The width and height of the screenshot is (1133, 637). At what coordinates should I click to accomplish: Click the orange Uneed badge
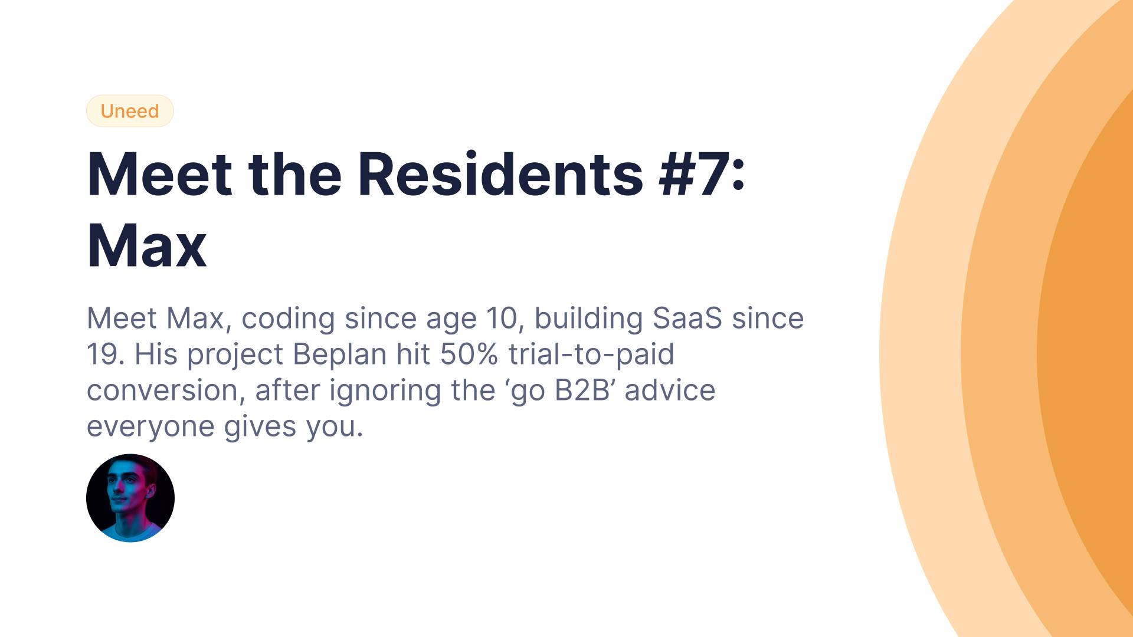click(x=130, y=111)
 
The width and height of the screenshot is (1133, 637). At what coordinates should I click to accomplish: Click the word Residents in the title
click(x=500, y=174)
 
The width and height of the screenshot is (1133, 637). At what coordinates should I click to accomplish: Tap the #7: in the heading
click(x=702, y=174)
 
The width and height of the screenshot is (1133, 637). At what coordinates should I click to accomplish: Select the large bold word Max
click(x=147, y=246)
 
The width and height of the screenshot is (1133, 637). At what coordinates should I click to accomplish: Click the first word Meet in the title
click(x=160, y=174)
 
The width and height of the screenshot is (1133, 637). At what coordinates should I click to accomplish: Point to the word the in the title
click(x=295, y=174)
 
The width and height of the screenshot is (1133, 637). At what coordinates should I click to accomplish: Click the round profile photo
click(x=130, y=498)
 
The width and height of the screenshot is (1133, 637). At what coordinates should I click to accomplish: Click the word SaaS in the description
click(x=687, y=318)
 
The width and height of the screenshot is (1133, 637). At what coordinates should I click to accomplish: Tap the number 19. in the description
click(x=106, y=354)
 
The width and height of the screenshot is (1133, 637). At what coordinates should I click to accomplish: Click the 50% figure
click(x=469, y=354)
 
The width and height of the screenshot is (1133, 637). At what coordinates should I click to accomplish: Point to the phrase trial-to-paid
click(x=591, y=354)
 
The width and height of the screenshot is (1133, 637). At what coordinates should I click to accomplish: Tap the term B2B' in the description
click(x=585, y=390)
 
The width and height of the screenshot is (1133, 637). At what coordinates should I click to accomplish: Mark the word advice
click(x=670, y=390)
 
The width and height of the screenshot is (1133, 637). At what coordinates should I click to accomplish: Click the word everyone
click(x=150, y=427)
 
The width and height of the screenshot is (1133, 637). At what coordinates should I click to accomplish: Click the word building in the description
click(x=588, y=318)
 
